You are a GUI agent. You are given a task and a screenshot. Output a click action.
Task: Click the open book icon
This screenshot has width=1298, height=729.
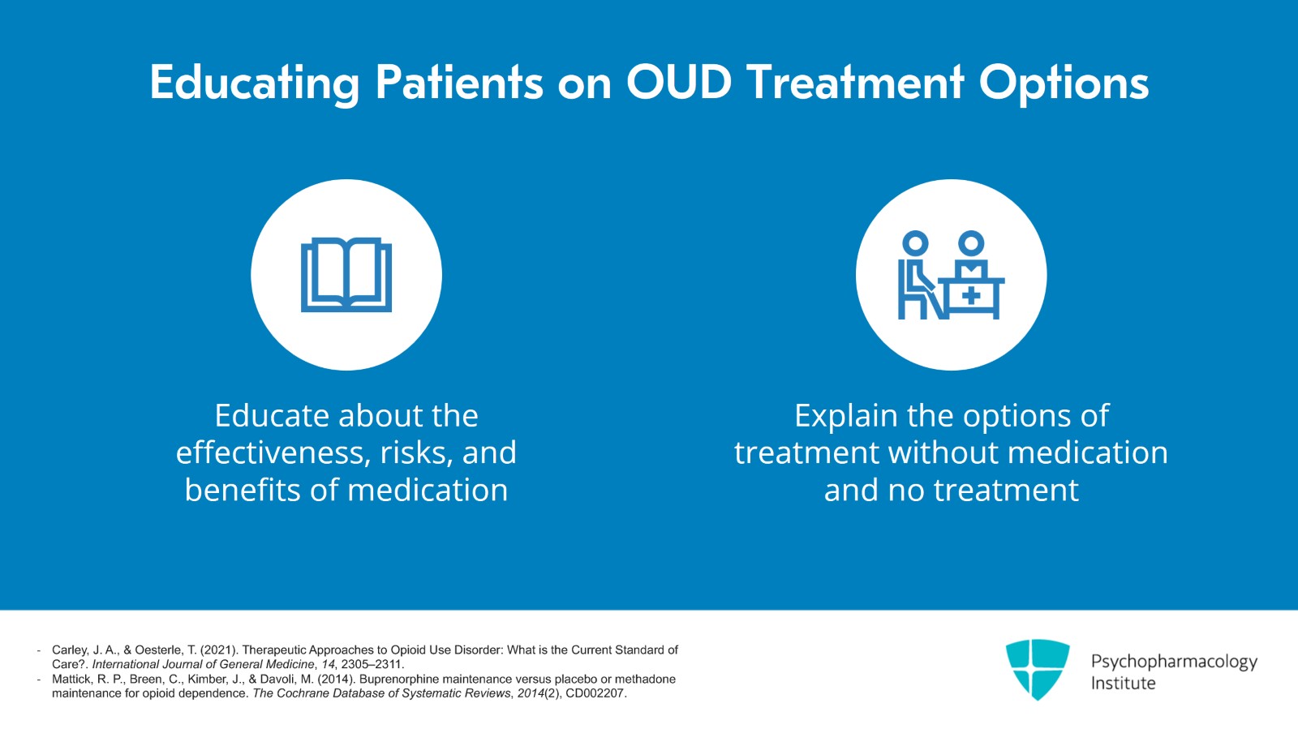[x=346, y=275]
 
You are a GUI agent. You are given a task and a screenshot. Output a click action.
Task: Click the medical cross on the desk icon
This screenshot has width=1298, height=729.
[x=971, y=297]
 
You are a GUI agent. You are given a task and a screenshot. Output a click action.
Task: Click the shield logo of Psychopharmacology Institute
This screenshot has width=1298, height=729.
[x=1037, y=669]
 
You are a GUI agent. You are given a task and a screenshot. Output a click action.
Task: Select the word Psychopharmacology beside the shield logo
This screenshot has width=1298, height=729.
[x=1173, y=662]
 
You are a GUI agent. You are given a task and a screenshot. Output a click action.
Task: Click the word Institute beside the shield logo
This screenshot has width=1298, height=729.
[x=1123, y=684]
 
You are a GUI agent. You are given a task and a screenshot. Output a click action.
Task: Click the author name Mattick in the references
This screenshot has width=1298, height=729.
[x=71, y=680]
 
